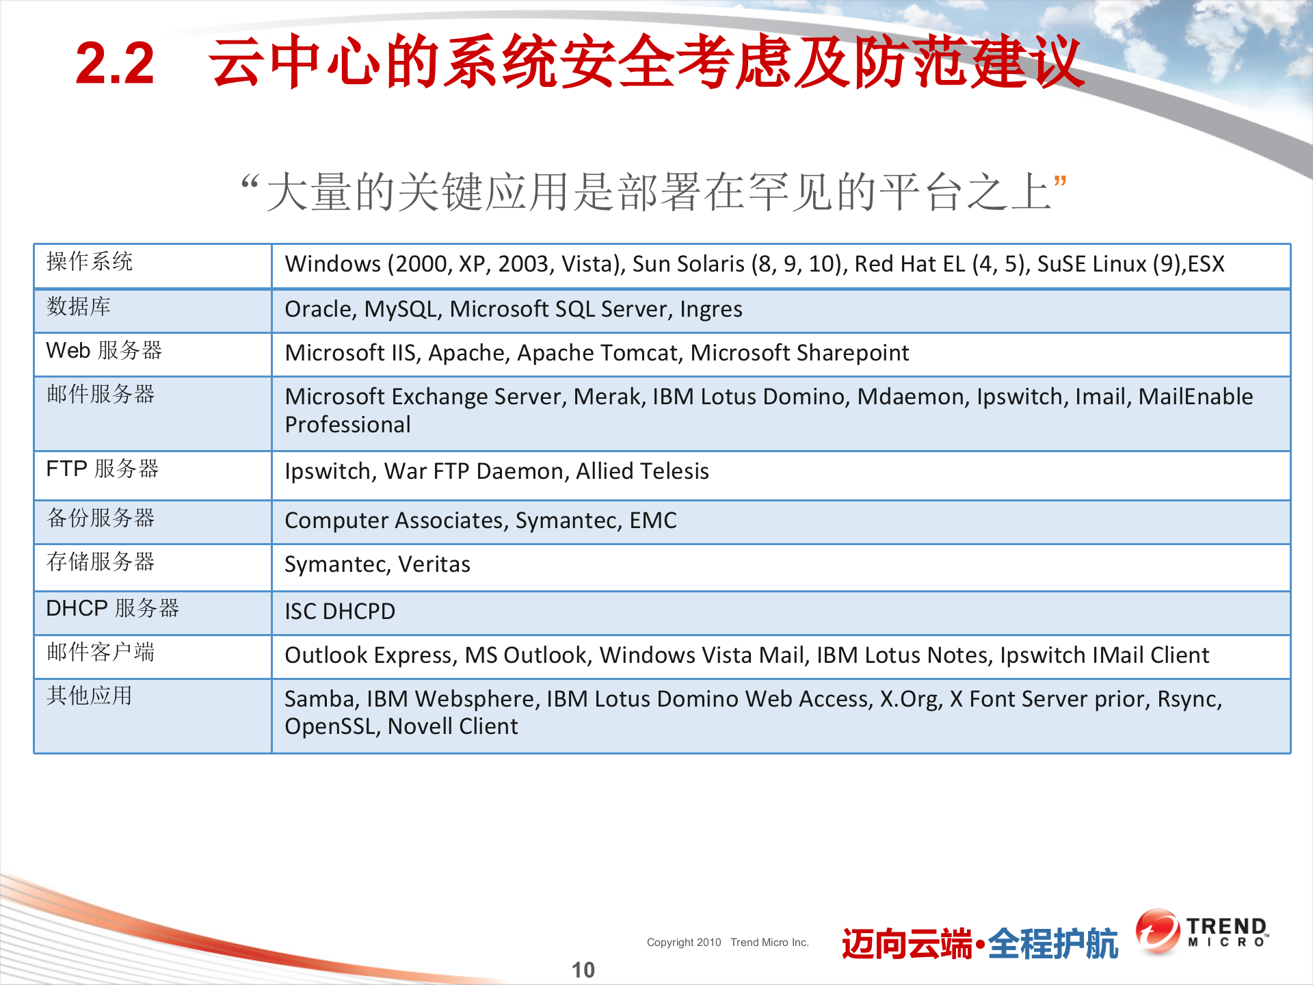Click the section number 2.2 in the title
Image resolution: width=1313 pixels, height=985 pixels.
(115, 64)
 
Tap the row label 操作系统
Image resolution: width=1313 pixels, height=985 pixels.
(90, 261)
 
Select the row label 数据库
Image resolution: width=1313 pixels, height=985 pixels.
(79, 306)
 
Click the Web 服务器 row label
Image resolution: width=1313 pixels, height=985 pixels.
(104, 350)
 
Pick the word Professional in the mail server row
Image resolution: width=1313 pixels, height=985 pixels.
(347, 425)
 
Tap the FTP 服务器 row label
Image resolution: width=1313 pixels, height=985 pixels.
(103, 469)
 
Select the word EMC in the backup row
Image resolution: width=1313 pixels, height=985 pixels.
(653, 521)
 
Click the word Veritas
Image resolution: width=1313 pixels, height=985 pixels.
(434, 564)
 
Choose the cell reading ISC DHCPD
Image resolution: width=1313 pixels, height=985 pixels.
(340, 612)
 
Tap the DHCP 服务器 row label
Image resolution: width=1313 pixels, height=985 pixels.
(112, 608)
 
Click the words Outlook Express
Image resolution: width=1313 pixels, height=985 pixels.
(370, 655)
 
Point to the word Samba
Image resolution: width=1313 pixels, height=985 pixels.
(321, 699)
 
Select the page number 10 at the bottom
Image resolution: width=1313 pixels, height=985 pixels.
(583, 969)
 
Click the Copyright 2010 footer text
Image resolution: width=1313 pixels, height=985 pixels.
(684, 943)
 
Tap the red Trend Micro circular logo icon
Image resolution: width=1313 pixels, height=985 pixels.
(1157, 931)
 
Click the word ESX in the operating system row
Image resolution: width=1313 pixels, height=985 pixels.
(1206, 264)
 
